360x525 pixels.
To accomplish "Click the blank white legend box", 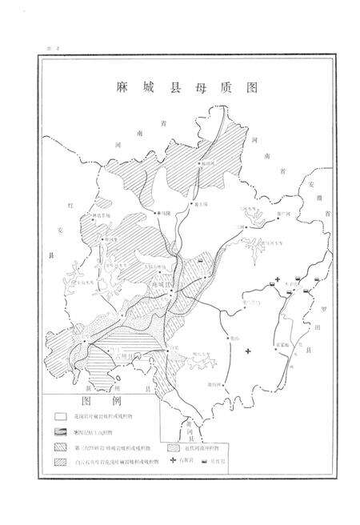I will click(61, 417).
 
